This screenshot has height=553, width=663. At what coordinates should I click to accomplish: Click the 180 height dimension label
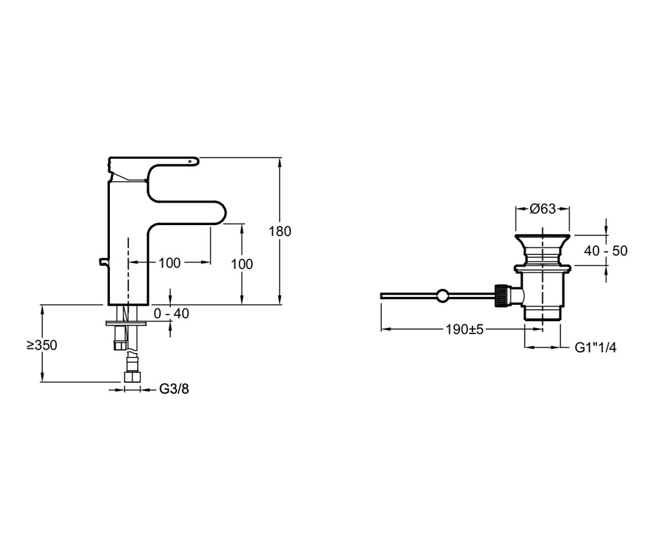click(280, 231)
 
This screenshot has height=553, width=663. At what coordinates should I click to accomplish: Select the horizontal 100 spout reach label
click(170, 263)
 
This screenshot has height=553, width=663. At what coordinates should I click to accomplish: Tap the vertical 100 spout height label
click(242, 264)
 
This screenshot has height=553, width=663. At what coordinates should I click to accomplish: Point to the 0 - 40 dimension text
click(171, 314)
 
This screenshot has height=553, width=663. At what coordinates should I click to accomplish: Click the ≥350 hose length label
click(42, 345)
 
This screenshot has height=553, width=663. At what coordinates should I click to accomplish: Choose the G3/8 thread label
click(174, 389)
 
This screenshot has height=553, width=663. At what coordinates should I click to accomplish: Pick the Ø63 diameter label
click(543, 209)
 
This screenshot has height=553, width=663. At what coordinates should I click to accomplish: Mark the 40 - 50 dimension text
click(606, 251)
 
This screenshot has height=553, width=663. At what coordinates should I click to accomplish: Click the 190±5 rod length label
click(465, 329)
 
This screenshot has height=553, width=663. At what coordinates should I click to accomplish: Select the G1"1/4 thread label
click(596, 348)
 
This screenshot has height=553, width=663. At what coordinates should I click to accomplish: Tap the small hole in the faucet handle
click(190, 161)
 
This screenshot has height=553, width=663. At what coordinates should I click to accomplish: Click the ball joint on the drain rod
click(443, 295)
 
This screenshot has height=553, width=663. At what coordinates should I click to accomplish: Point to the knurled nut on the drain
click(502, 295)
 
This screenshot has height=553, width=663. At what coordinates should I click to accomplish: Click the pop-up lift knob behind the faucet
click(104, 262)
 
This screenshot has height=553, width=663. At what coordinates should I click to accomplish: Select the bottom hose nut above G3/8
click(133, 377)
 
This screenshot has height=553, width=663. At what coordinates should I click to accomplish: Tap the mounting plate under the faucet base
click(126, 323)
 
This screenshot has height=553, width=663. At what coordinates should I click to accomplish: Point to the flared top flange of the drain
click(543, 238)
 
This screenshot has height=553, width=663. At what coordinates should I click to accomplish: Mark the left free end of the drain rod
click(381, 296)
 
